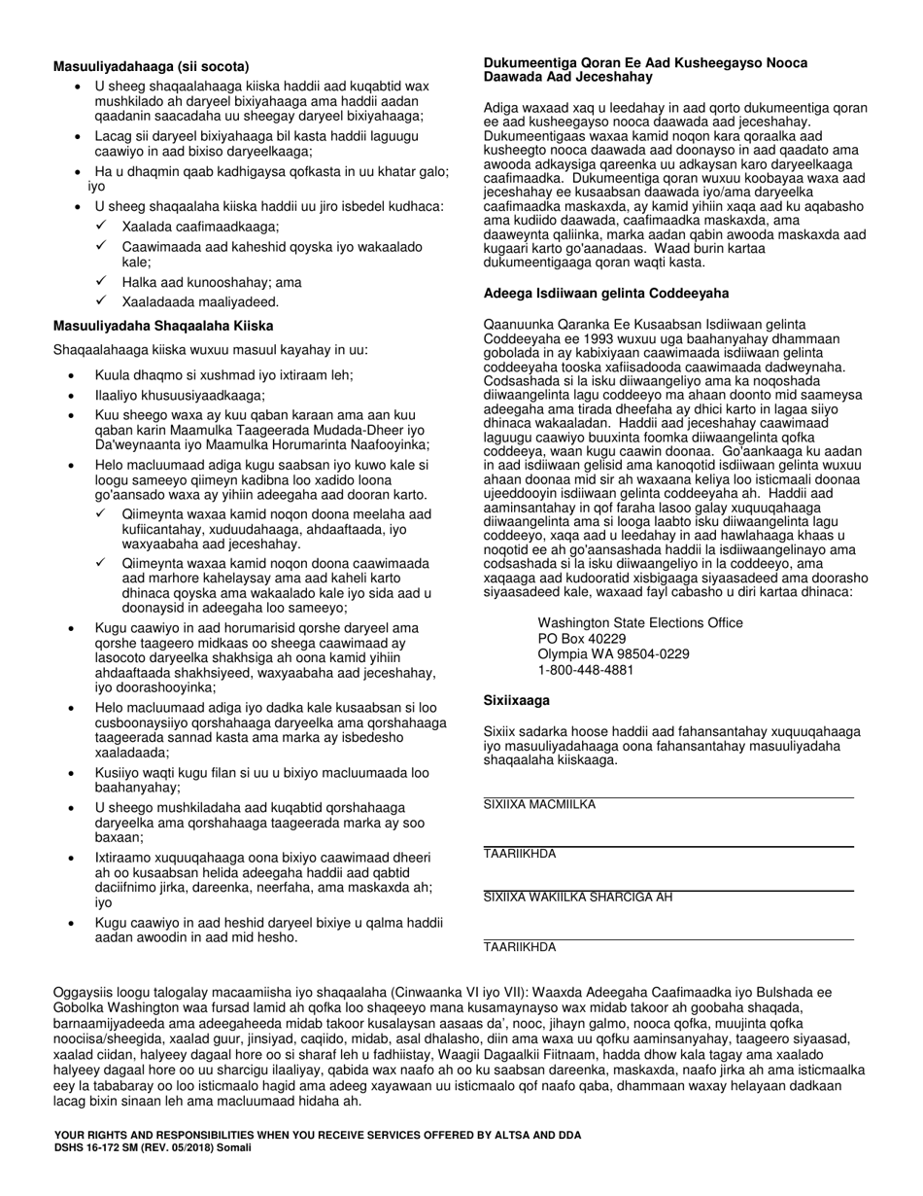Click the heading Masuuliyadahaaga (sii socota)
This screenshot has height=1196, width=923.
coord(151,67)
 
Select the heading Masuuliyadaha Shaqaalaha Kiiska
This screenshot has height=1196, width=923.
coord(162,326)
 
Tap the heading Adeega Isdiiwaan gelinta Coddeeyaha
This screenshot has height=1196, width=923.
coord(606,293)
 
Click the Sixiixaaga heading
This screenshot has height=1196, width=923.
coord(517,700)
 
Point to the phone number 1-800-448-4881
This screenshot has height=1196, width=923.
coord(586,670)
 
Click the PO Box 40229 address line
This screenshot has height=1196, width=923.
coord(582,639)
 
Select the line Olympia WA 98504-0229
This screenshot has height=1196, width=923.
coord(613,654)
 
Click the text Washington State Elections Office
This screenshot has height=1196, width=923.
coord(640,623)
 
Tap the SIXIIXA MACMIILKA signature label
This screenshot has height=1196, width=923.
coord(539,805)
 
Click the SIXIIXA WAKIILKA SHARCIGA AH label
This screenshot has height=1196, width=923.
coord(578,897)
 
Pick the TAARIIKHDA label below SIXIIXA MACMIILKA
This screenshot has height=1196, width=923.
coord(520,854)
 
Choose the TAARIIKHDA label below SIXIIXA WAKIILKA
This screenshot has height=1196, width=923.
coord(520,947)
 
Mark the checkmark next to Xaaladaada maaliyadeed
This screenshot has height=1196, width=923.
coord(101,301)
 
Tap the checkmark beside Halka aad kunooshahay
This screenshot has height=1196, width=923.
coord(101,282)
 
